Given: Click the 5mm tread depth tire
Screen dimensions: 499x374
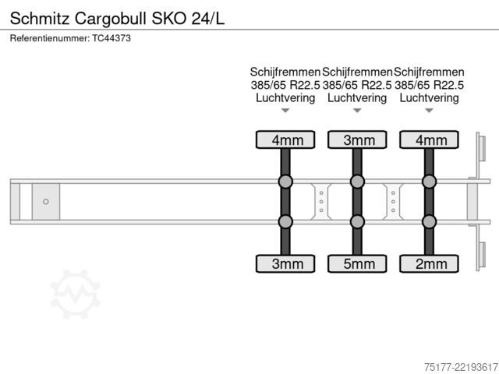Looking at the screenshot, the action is pyautogui.click(x=357, y=263).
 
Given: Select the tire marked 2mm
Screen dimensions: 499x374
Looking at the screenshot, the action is pyautogui.click(x=429, y=263).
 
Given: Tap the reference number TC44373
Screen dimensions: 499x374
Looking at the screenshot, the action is pyautogui.click(x=111, y=38).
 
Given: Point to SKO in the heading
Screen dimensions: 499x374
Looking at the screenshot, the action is pyautogui.click(x=169, y=19).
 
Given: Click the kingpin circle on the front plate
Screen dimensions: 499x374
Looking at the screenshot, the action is pyautogui.click(x=46, y=201).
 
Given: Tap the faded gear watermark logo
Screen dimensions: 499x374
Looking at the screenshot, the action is pyautogui.click(x=76, y=294).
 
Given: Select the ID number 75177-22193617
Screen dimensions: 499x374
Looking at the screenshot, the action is pyautogui.click(x=461, y=367).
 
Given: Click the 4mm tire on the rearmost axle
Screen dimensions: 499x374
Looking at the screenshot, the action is pyautogui.click(x=429, y=139).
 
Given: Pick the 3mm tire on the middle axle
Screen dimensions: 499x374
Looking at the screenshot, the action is pyautogui.click(x=357, y=139).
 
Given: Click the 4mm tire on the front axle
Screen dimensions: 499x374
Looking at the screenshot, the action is pyautogui.click(x=285, y=139).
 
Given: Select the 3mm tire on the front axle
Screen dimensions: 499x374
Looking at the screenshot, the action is pyautogui.click(x=285, y=263).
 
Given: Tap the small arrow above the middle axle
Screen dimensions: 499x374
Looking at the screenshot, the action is pyautogui.click(x=357, y=111).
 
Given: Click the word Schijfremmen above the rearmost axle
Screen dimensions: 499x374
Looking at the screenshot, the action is pyautogui.click(x=429, y=72).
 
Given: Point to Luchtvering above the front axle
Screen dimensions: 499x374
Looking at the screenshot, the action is pyautogui.click(x=285, y=98).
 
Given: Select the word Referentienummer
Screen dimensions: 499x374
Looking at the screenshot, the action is pyautogui.click(x=50, y=38).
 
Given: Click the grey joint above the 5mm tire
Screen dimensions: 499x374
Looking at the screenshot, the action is pyautogui.click(x=357, y=221).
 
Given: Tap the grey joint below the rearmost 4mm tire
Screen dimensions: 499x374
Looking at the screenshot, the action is pyautogui.click(x=429, y=182).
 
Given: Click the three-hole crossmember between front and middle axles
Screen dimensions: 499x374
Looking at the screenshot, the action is pyautogui.click(x=321, y=202).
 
